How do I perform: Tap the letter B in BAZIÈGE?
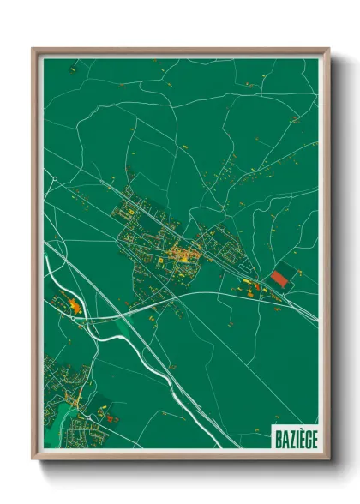278,436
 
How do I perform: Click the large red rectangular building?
281,279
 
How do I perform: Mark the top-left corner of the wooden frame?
33,48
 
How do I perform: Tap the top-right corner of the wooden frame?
329,48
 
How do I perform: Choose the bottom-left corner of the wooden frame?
33,460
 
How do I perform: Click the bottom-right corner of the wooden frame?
329,460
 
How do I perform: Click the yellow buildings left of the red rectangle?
249,285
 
